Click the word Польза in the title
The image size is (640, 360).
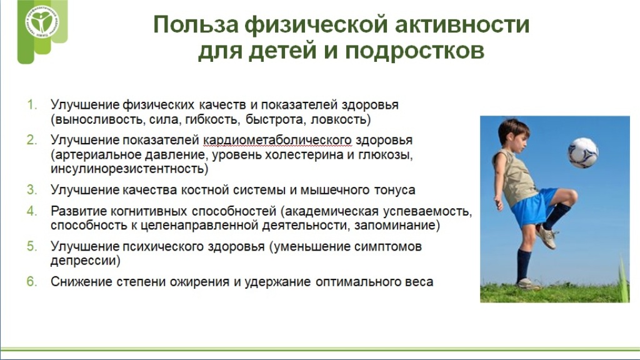point(196,24)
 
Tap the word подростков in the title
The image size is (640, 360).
point(415,52)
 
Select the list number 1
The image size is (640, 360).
point(32,105)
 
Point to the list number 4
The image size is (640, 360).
point(32,211)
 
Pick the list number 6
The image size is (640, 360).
point(32,282)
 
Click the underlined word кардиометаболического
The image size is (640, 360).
point(277,141)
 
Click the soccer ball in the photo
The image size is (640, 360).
point(583,152)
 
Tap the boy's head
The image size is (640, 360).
point(514,135)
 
